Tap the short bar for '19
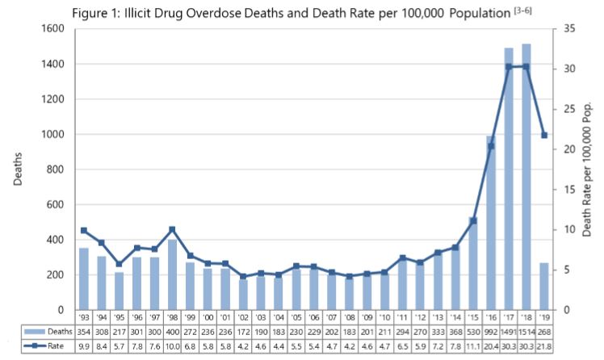[544, 287]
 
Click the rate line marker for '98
[172, 229]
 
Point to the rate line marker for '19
[544, 135]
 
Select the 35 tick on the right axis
[568, 28]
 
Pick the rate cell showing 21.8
[544, 345]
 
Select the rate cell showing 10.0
[172, 345]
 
